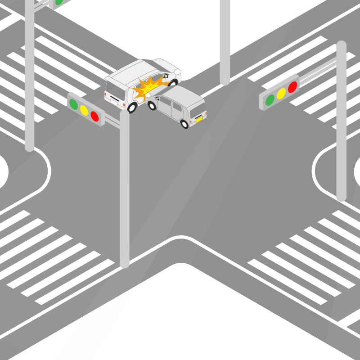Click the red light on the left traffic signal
tap(94, 116)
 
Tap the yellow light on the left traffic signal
tap(84, 110)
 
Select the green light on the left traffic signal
tap(73, 104)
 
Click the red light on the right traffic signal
tap(292, 87)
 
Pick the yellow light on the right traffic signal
tap(281, 93)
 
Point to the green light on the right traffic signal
tap(270, 99)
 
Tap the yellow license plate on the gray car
tap(198, 119)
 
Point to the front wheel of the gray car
tap(152, 105)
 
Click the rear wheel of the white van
tap(132, 107)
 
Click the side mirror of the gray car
tap(157, 99)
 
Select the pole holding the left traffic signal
tap(125, 189)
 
